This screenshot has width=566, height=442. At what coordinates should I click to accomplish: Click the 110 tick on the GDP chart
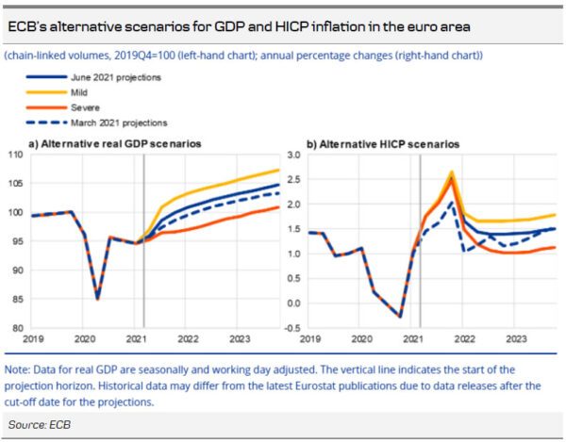click(x=16, y=155)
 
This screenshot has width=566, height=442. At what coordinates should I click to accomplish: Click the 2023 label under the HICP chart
click(x=515, y=337)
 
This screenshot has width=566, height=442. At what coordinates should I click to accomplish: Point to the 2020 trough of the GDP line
click(x=96, y=299)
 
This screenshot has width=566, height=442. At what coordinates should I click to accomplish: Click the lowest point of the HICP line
click(x=400, y=317)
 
